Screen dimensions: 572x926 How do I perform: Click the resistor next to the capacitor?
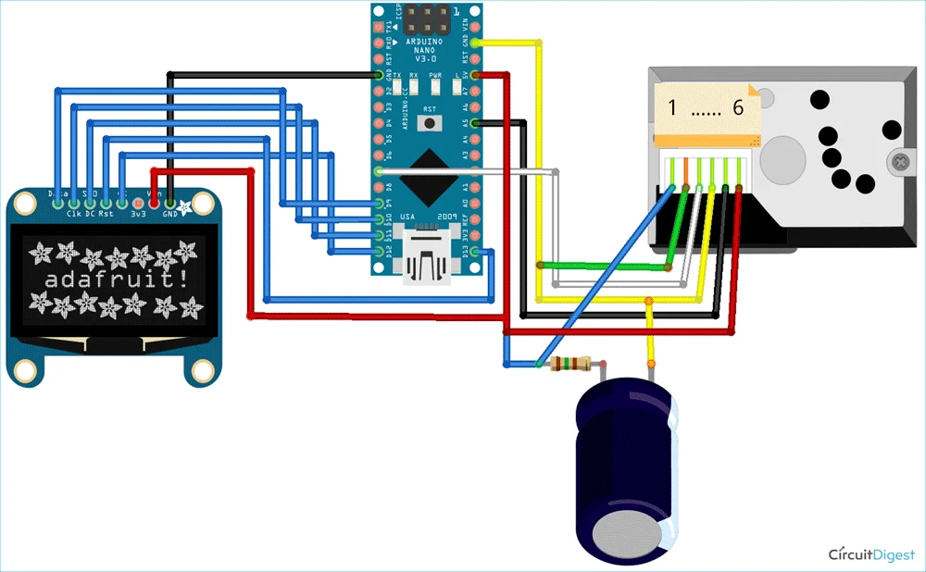coord(570,364)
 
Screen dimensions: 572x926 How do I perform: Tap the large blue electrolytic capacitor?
coord(626,467)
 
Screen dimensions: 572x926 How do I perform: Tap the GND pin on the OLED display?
coord(170,202)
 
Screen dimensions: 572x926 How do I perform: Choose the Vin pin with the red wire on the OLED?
coord(154,202)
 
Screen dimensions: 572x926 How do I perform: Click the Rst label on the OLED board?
coord(106,214)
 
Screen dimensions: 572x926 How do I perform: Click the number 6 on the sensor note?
coord(738,108)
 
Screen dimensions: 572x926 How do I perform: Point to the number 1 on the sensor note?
coord(672,108)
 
